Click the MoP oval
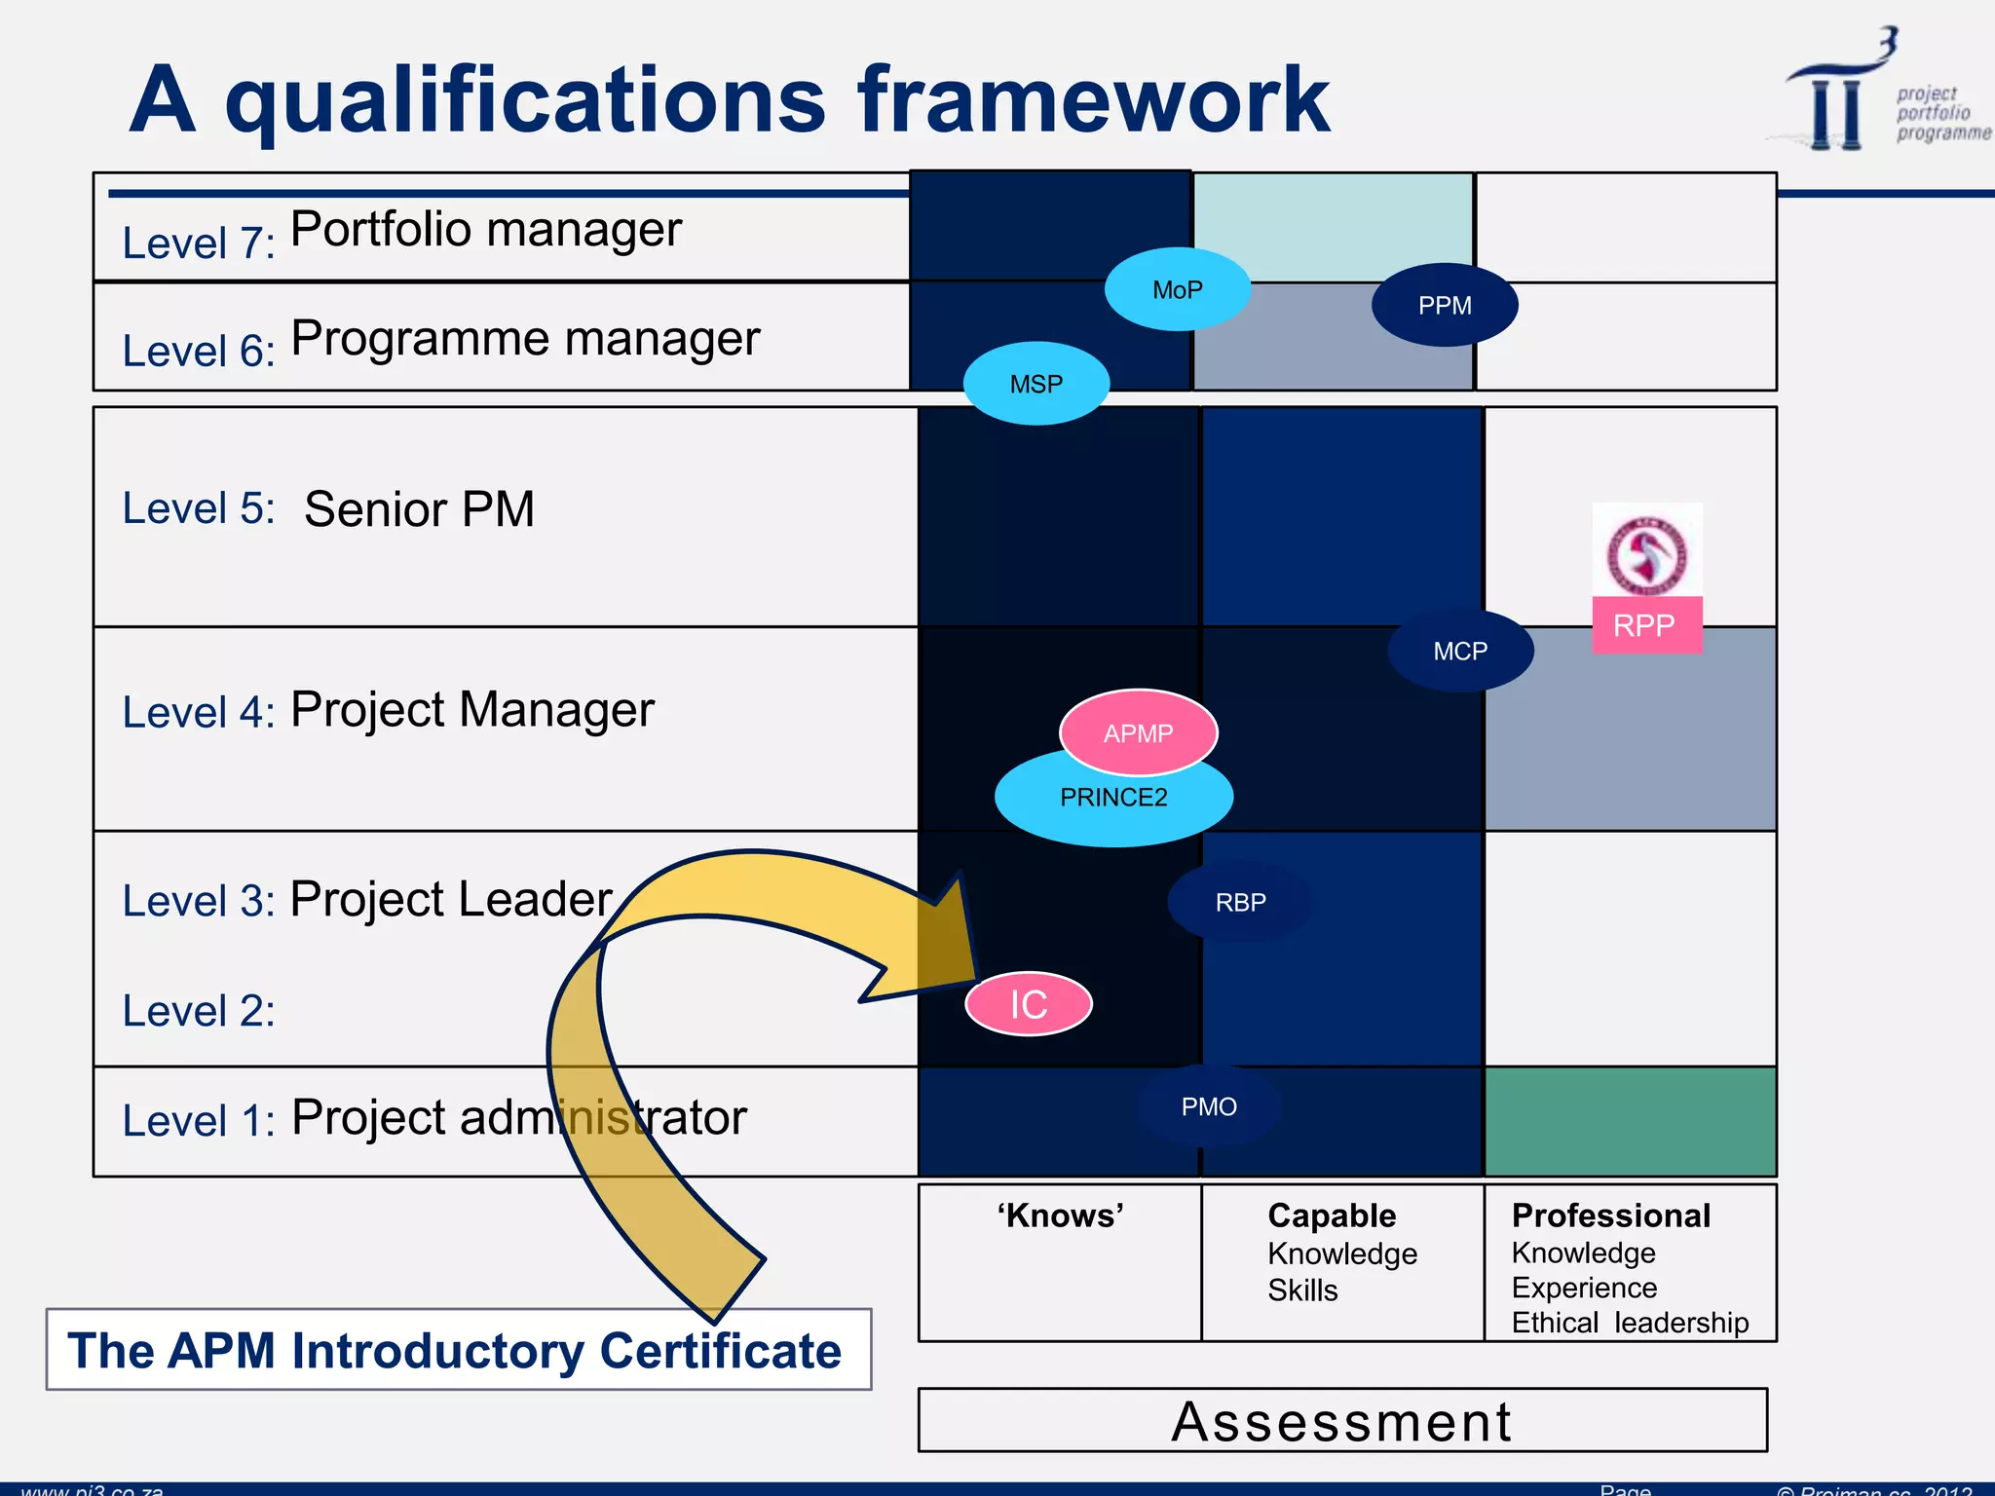point(1177,289)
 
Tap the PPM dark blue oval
point(1445,305)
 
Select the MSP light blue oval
point(1035,384)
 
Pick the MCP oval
point(1460,651)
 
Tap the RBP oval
point(1240,902)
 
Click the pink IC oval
point(1029,1004)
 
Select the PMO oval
point(1209,1106)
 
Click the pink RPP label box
point(1646,625)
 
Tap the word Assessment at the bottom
point(1341,1421)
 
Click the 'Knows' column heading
point(1060,1215)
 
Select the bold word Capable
point(1332,1215)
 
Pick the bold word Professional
point(1611,1215)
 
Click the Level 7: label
point(199,243)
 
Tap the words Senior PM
point(419,508)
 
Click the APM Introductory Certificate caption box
point(458,1350)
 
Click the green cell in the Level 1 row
point(1630,1121)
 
